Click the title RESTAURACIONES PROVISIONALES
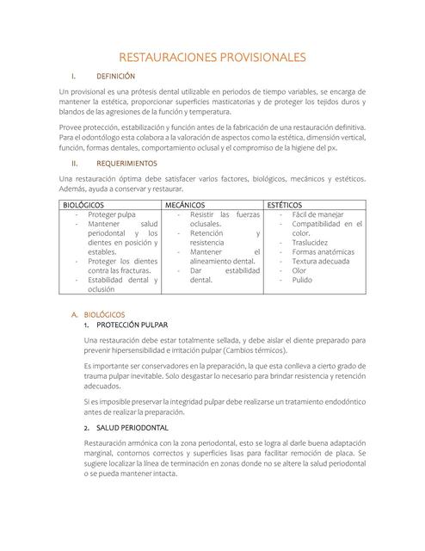click(x=212, y=58)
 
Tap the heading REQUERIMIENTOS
click(x=126, y=163)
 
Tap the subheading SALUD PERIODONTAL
click(x=132, y=427)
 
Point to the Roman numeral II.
click(x=75, y=163)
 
